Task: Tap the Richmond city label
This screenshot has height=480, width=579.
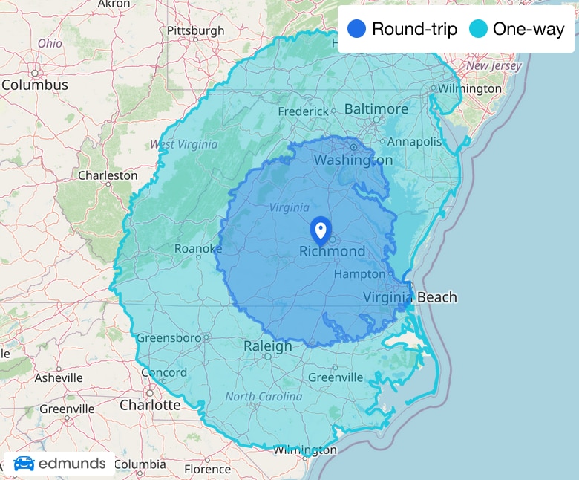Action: point(332,251)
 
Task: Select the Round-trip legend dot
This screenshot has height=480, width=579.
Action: point(357,30)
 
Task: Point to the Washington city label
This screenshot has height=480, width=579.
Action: point(353,160)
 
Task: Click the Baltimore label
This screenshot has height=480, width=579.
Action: point(376,109)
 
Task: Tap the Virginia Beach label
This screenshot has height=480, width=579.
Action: point(410,297)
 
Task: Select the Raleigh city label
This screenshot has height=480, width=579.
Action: point(268,346)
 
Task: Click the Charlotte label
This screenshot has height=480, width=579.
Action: point(150,405)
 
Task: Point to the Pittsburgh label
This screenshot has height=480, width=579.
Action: point(195,30)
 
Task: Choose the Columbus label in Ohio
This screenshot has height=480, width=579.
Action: point(34,85)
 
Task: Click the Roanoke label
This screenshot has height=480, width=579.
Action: point(197,248)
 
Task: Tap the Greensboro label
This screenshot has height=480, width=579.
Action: point(169,338)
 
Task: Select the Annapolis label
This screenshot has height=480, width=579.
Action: point(414,141)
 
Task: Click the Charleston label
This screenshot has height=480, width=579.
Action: point(108,175)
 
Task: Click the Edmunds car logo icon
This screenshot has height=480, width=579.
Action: point(24,464)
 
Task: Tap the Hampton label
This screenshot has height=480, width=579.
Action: point(360,274)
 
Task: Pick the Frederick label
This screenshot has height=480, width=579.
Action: point(303,111)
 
